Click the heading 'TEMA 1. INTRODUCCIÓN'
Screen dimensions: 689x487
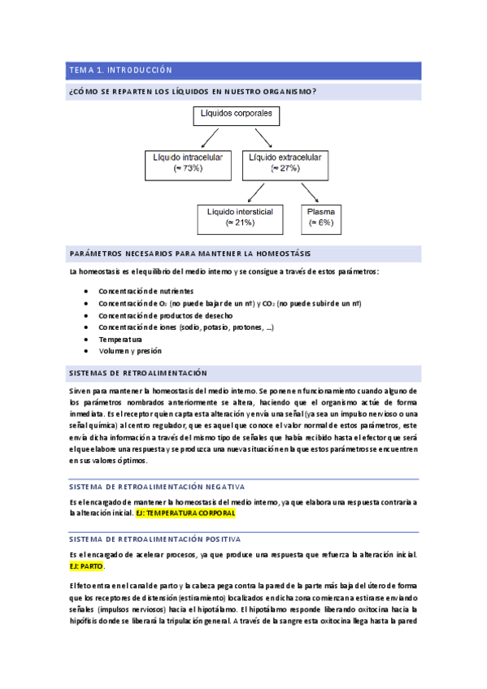(x=121, y=70)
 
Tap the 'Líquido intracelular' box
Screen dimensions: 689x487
(x=189, y=162)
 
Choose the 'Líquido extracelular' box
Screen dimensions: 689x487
(x=285, y=162)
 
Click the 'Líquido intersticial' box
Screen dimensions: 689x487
(x=241, y=216)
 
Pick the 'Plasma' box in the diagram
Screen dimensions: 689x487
(x=321, y=216)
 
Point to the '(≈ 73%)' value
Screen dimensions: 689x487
(x=188, y=168)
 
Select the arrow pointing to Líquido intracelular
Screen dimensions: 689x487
(x=211, y=136)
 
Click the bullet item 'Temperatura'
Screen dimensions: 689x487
(x=120, y=339)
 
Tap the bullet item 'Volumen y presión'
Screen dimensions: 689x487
(x=130, y=351)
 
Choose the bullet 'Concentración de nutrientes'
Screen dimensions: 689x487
(x=146, y=290)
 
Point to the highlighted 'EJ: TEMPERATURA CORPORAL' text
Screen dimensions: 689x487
(x=185, y=513)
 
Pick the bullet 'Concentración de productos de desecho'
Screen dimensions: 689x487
(x=165, y=314)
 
